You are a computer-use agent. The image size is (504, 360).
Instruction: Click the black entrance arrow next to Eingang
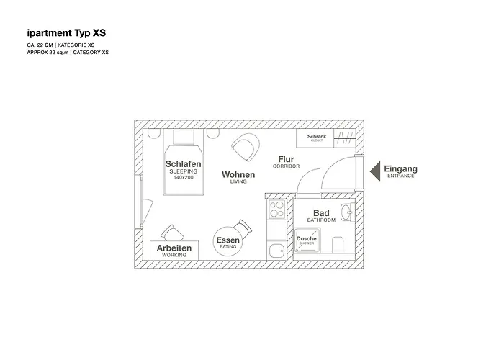(374, 171)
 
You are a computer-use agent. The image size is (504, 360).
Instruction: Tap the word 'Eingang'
(400, 169)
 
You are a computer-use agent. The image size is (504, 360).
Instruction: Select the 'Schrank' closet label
(317, 136)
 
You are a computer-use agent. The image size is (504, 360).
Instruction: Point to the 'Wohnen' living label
(238, 174)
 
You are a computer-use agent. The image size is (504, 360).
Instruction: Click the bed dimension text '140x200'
(183, 177)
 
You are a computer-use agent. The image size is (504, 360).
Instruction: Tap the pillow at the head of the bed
(184, 137)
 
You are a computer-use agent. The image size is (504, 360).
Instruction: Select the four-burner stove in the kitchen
(277, 209)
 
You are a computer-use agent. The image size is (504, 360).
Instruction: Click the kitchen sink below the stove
(276, 250)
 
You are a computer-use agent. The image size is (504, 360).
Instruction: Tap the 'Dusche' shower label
(306, 239)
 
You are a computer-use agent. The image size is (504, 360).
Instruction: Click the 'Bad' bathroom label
(321, 213)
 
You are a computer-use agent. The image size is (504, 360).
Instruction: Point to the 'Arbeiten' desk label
(174, 248)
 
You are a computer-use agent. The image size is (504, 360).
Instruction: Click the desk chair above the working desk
(171, 232)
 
